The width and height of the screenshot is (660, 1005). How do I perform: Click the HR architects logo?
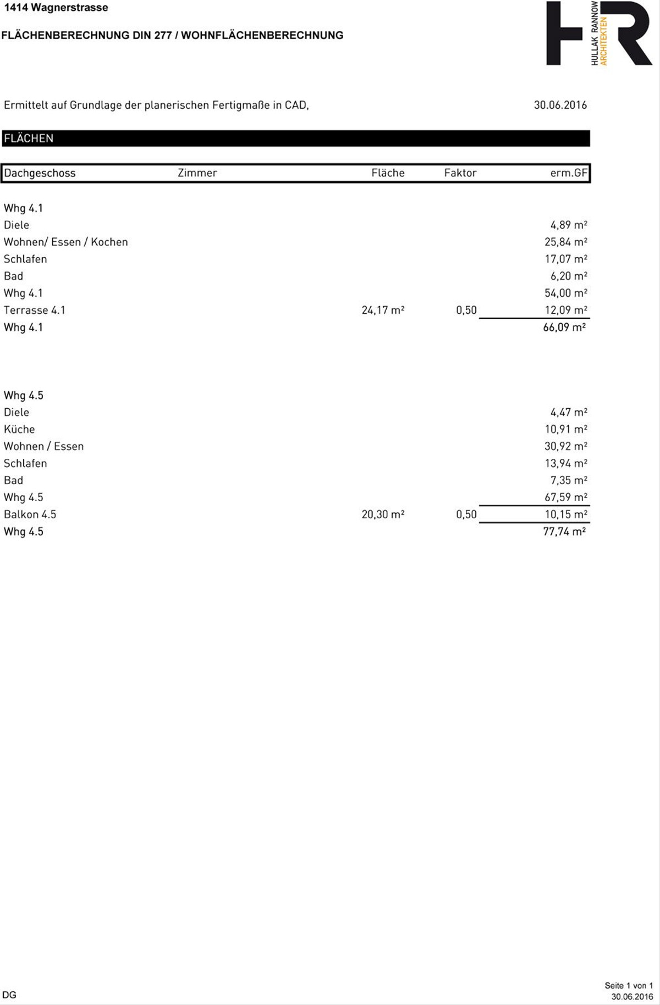(x=599, y=34)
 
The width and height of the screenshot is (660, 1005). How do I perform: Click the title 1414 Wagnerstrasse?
(x=56, y=8)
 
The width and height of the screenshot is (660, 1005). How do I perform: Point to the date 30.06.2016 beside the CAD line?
(x=560, y=105)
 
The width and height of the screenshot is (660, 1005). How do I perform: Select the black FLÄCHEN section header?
(x=296, y=138)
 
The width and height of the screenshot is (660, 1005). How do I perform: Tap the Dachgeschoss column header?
(x=40, y=173)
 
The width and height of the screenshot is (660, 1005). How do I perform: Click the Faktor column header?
(x=460, y=173)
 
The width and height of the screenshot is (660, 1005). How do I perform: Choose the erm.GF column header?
(x=569, y=173)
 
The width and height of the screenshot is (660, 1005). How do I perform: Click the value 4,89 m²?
(x=568, y=225)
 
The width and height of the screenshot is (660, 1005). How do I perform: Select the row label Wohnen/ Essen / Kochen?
(x=65, y=242)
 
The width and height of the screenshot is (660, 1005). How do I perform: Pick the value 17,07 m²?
(x=565, y=259)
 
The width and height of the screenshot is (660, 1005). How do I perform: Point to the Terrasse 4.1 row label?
(x=34, y=310)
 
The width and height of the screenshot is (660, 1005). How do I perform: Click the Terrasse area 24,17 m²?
(x=383, y=310)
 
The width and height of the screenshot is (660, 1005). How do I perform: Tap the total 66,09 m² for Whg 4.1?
(x=564, y=327)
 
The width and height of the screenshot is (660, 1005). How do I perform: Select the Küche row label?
(x=19, y=429)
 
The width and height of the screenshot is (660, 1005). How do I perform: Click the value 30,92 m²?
(x=565, y=446)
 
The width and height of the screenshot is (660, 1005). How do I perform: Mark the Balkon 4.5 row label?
(x=30, y=514)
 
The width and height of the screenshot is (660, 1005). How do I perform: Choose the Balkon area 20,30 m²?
(x=383, y=514)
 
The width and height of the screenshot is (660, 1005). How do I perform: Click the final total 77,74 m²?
(x=564, y=531)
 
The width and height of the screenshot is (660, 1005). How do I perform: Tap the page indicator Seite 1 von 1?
(x=629, y=985)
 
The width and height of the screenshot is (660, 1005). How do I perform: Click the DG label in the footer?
(x=9, y=995)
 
